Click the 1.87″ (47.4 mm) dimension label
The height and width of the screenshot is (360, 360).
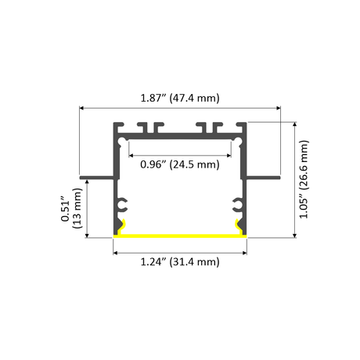[180, 98]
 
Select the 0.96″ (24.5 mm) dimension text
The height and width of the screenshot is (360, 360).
[180, 164]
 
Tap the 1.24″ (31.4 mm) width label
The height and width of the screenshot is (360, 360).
[180, 261]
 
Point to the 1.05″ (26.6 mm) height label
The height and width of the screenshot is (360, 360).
[304, 179]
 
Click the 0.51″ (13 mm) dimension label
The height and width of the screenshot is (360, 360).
[71, 208]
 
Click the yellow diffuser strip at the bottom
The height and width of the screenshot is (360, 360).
[180, 236]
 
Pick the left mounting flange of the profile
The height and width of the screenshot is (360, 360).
[97, 178]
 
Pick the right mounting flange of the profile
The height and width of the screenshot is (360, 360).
[263, 178]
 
